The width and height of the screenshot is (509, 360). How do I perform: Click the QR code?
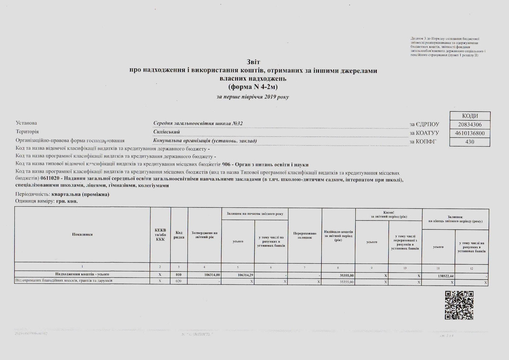coord(459,305)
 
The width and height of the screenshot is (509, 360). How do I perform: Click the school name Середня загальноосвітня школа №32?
coord(198,123)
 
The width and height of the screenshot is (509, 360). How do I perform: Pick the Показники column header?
coord(82,234)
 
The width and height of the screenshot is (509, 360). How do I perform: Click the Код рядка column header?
coord(179,234)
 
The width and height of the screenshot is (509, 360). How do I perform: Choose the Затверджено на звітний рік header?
coord(204,234)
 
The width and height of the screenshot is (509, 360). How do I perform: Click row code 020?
coord(179,281)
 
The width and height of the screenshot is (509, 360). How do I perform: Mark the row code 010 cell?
coord(179,275)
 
